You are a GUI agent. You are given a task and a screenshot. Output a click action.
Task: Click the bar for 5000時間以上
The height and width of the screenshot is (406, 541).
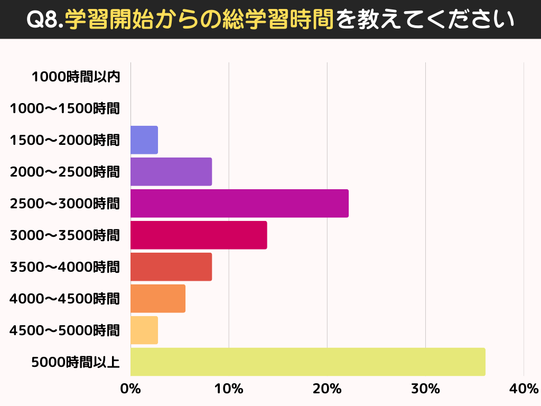pyautogui.click(x=307, y=362)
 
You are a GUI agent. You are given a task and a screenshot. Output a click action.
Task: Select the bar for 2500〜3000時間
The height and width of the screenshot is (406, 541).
pyautogui.click(x=239, y=203)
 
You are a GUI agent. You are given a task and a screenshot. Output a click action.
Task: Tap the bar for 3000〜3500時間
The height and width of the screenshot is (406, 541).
pyautogui.click(x=199, y=235)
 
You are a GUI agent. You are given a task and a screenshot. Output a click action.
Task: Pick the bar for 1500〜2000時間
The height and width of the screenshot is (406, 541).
pyautogui.click(x=144, y=140)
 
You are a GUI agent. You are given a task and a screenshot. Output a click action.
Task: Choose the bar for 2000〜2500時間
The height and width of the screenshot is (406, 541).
pyautogui.click(x=171, y=171)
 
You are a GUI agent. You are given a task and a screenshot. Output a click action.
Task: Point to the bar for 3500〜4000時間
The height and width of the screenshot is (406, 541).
pyautogui.click(x=171, y=266)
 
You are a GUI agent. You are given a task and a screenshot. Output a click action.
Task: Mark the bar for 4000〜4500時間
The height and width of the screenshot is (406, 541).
pyautogui.click(x=158, y=298)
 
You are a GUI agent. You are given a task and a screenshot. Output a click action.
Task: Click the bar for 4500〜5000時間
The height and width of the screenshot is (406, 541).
pyautogui.click(x=144, y=330)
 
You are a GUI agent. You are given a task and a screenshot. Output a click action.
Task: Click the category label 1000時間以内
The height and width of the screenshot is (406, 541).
pyautogui.click(x=76, y=77)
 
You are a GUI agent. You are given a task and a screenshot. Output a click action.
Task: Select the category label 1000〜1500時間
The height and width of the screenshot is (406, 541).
pyautogui.click(x=65, y=109)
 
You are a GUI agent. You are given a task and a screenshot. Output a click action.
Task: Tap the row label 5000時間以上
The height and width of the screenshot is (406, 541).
pyautogui.click(x=76, y=363)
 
